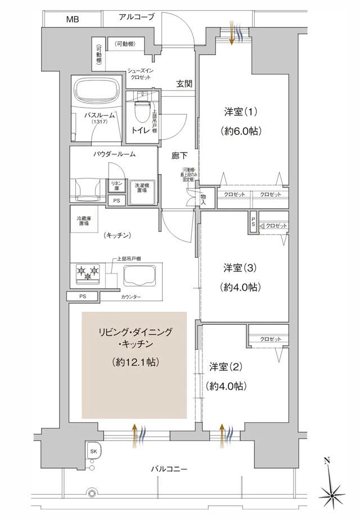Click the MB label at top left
coord(73,20)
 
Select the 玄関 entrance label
coord(184,84)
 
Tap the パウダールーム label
coord(115,153)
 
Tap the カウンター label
coord(130,297)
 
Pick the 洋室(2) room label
coord(228,367)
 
